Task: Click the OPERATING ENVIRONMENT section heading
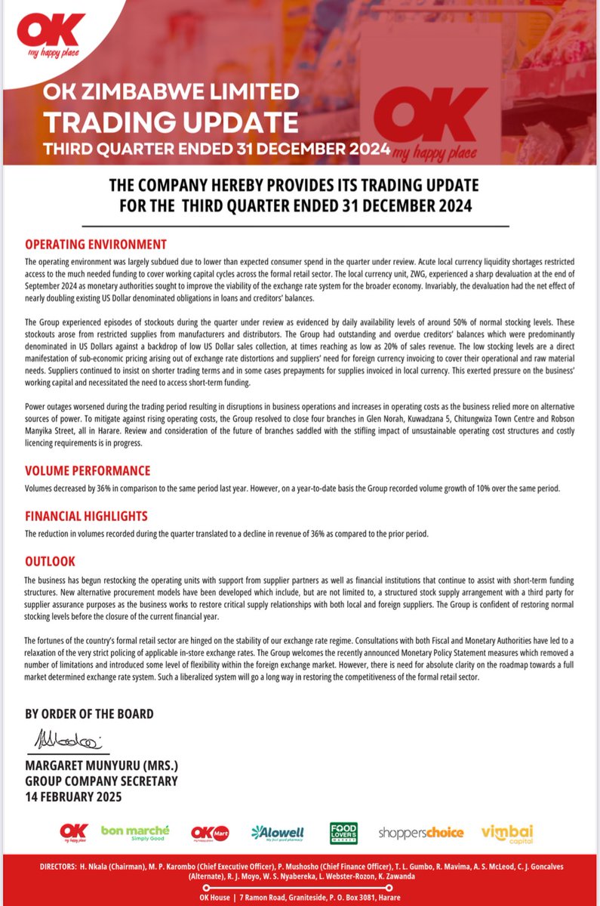point(96,245)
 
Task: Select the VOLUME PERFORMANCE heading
point(88,470)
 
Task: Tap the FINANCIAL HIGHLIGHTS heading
point(86,516)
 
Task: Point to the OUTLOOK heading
point(50,562)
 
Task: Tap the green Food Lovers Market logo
point(343,833)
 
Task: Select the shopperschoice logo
point(421,833)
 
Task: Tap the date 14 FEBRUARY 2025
point(73,797)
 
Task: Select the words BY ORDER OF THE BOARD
point(89,713)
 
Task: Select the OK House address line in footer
point(300,896)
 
